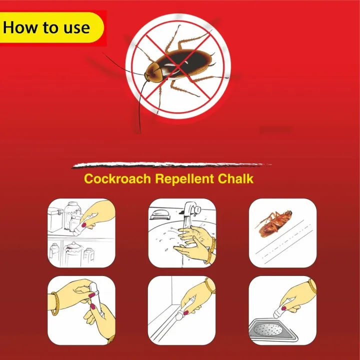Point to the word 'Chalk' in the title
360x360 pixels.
pyautogui.click(x=236, y=179)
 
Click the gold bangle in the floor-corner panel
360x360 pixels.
pyautogui.click(x=210, y=286)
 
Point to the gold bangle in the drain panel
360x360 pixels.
pyautogui.click(x=311, y=286)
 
